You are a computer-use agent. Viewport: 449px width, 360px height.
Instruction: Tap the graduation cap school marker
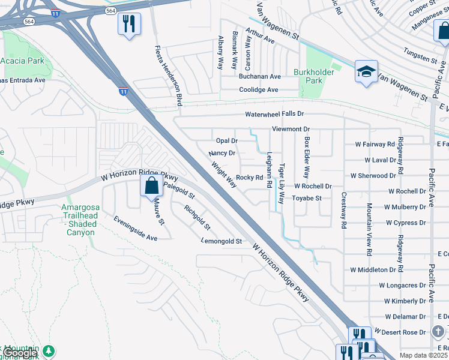pyautogui.click(x=366, y=72)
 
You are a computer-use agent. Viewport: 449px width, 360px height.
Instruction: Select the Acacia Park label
pyautogui.click(x=22, y=61)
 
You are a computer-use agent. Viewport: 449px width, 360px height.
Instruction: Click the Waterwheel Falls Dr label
pyautogui.click(x=274, y=114)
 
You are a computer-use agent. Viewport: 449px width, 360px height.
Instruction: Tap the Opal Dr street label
pyautogui.click(x=227, y=140)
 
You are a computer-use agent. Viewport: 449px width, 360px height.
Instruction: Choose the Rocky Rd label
pyautogui.click(x=249, y=178)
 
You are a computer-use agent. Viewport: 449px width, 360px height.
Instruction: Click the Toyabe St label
pyautogui.click(x=307, y=198)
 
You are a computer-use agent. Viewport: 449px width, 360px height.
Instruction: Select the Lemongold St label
pyautogui.click(x=222, y=241)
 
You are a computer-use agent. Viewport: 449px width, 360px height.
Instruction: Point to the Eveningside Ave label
pyautogui.click(x=135, y=229)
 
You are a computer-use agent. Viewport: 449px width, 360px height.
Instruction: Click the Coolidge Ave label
pyautogui.click(x=258, y=90)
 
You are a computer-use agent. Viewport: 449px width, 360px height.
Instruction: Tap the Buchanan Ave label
pyautogui.click(x=259, y=77)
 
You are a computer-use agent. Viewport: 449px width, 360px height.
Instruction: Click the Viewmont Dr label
pyautogui.click(x=291, y=129)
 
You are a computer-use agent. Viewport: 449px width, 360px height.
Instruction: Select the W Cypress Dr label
pyautogui.click(x=406, y=223)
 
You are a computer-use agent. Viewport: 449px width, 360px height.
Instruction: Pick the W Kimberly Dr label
pyautogui.click(x=405, y=301)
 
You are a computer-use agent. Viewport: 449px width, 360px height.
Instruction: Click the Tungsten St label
pyautogui.click(x=420, y=56)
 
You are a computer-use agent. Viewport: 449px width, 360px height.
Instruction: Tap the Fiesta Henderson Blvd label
pyautogui.click(x=168, y=76)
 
